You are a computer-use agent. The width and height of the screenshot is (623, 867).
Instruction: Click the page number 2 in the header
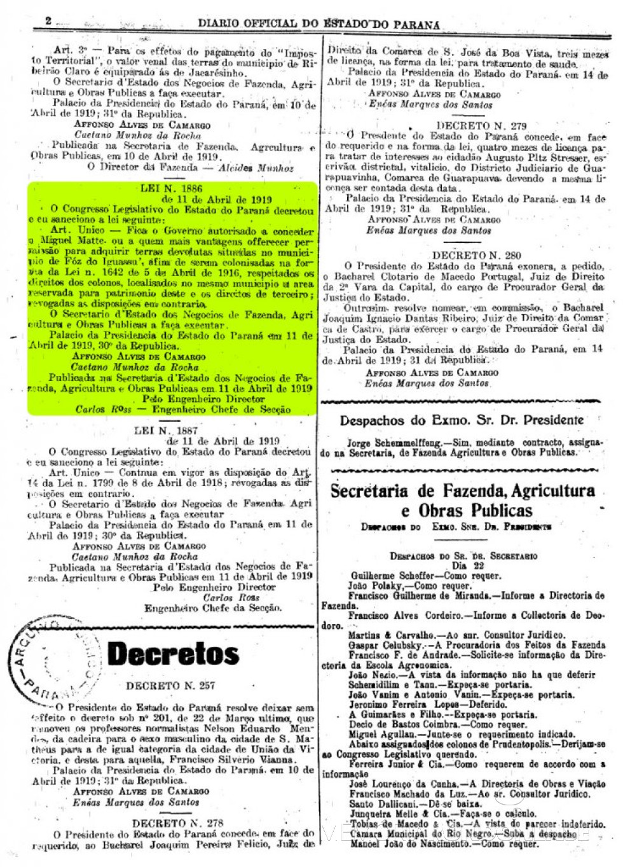click(48, 21)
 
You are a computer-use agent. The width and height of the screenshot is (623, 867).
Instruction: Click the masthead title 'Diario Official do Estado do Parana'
click(318, 24)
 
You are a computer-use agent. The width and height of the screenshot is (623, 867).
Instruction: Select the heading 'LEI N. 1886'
click(171, 188)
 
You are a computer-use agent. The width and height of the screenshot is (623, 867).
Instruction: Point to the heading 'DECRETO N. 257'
click(170, 686)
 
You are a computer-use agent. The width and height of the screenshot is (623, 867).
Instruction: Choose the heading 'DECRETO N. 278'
click(178, 822)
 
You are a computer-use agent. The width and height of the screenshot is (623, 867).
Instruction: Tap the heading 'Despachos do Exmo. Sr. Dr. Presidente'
click(462, 420)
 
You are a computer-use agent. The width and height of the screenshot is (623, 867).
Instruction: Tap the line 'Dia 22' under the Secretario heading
click(468, 565)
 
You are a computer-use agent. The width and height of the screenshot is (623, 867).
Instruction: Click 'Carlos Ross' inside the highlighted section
click(104, 410)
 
